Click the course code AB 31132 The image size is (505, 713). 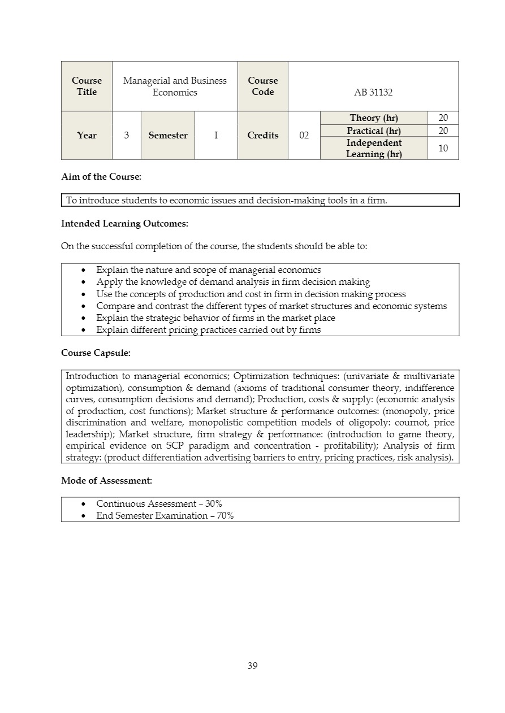pos(373,92)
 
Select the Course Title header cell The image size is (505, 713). pos(87,86)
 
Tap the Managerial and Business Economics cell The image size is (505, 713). pos(175,86)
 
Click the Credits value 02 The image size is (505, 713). pos(304,136)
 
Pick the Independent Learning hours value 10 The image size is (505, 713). pos(443,149)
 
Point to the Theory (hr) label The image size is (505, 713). pos(373,118)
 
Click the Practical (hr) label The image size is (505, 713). pos(373,131)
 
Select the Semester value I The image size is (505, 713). pos(216,136)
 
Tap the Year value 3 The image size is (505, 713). pos(126,136)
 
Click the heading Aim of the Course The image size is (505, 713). pos(101,176)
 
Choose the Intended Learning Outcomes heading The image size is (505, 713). pos(124,223)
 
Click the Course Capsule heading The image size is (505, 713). pos(96,353)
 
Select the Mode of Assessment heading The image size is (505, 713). pos(106,480)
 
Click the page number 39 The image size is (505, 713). pos(252,666)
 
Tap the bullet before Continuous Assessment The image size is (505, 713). pos(84,504)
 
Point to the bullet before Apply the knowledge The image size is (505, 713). pos(84,282)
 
